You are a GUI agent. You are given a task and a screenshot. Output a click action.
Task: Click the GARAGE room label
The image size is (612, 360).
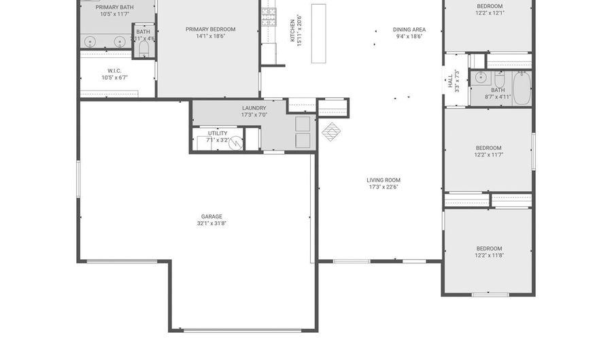click(x=211, y=216)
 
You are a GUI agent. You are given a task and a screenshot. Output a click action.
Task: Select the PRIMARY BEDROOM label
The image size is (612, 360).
click(x=210, y=29)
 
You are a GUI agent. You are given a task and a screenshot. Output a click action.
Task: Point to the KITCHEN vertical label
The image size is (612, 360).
click(x=292, y=30)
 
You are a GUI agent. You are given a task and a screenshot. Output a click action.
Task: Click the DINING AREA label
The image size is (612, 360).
click(x=409, y=29)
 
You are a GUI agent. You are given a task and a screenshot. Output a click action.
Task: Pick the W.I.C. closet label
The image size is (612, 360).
click(x=114, y=70)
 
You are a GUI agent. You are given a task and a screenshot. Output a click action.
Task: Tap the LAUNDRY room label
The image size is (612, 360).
click(x=254, y=108)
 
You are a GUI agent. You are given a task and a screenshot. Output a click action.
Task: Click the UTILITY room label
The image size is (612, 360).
click(x=218, y=133)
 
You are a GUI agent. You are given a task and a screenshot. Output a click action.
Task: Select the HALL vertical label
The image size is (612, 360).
click(x=450, y=82)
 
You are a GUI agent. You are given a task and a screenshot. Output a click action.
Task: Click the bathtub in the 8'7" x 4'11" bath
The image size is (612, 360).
click(x=521, y=88)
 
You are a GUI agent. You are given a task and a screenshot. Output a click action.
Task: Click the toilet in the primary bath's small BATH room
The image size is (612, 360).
click(x=143, y=48)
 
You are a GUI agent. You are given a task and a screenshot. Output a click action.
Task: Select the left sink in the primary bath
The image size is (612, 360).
click(x=91, y=42)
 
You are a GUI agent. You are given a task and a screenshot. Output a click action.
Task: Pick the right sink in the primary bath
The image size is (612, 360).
click(x=120, y=42)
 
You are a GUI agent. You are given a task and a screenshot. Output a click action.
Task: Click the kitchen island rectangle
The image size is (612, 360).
click(x=318, y=33)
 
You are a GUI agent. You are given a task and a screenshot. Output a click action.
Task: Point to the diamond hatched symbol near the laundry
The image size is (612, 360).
click(x=330, y=131)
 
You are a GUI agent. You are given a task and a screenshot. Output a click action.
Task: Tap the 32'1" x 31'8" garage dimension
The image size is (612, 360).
click(x=211, y=223)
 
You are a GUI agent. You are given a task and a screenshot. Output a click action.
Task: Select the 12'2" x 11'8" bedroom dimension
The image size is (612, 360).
click(x=489, y=256)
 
